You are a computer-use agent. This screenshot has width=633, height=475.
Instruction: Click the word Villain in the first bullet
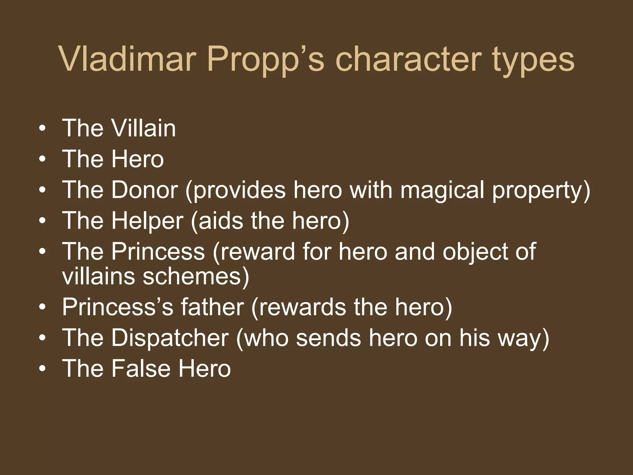tap(143, 128)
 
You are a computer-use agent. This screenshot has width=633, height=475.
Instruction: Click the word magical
tap(442, 190)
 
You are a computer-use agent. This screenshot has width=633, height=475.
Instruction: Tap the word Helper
tap(147, 220)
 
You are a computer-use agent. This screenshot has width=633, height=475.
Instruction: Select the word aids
tap(220, 220)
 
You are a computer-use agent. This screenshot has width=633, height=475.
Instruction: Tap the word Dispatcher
tap(170, 337)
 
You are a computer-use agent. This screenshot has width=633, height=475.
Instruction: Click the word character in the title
tap(408, 59)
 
